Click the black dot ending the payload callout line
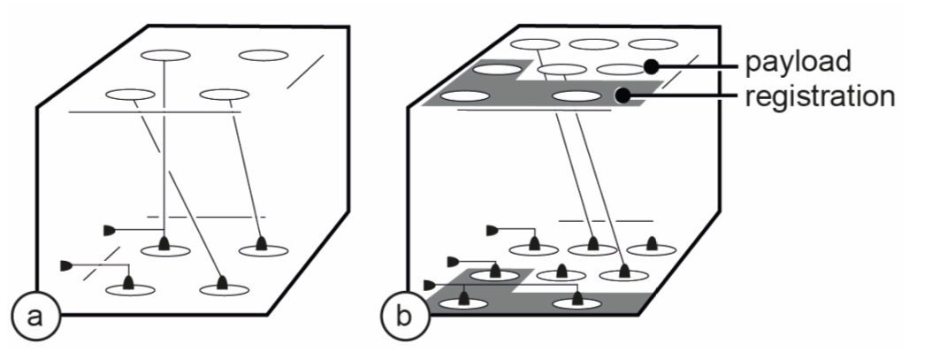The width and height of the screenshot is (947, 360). [651, 65]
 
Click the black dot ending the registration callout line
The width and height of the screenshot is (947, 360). [623, 96]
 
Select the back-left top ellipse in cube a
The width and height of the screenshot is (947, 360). [165, 56]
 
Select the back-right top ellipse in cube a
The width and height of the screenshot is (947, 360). [263, 56]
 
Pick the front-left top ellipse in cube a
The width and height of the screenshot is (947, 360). [129, 94]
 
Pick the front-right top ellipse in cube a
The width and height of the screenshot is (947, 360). [222, 93]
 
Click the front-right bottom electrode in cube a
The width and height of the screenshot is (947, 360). [220, 285]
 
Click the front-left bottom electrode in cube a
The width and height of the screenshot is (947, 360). [129, 285]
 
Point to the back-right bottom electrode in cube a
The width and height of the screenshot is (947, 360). [261, 245]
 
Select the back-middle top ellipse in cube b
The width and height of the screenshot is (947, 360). [592, 43]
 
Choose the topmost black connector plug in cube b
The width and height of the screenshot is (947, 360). [492, 232]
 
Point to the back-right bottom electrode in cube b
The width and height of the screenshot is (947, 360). [652, 244]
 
